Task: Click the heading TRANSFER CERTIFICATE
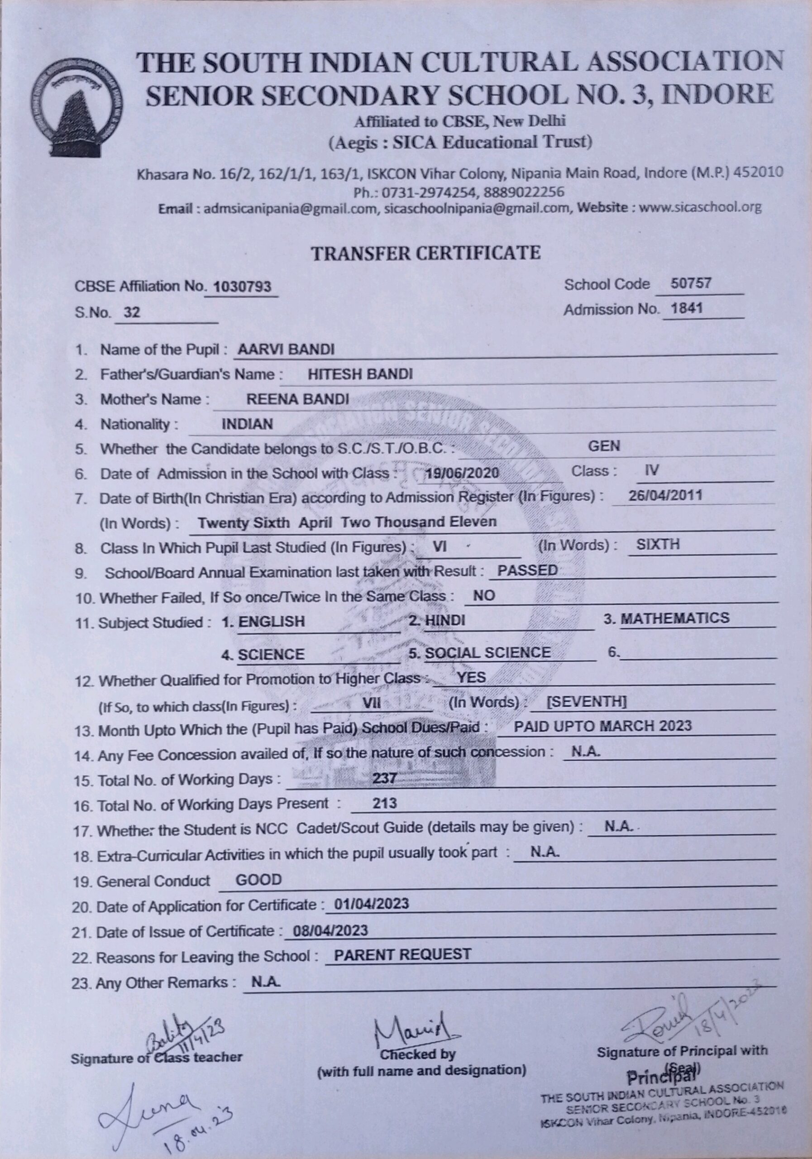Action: point(425,252)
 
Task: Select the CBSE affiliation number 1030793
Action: point(242,287)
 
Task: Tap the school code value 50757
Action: point(690,283)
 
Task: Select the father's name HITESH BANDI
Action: point(360,374)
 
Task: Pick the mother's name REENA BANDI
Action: point(297,399)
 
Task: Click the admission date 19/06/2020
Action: point(462,473)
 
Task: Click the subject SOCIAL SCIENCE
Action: point(487,652)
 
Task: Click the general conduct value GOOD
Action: point(258,880)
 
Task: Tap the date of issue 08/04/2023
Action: point(330,930)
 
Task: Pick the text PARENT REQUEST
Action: point(402,954)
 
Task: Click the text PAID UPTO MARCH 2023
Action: point(602,726)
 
